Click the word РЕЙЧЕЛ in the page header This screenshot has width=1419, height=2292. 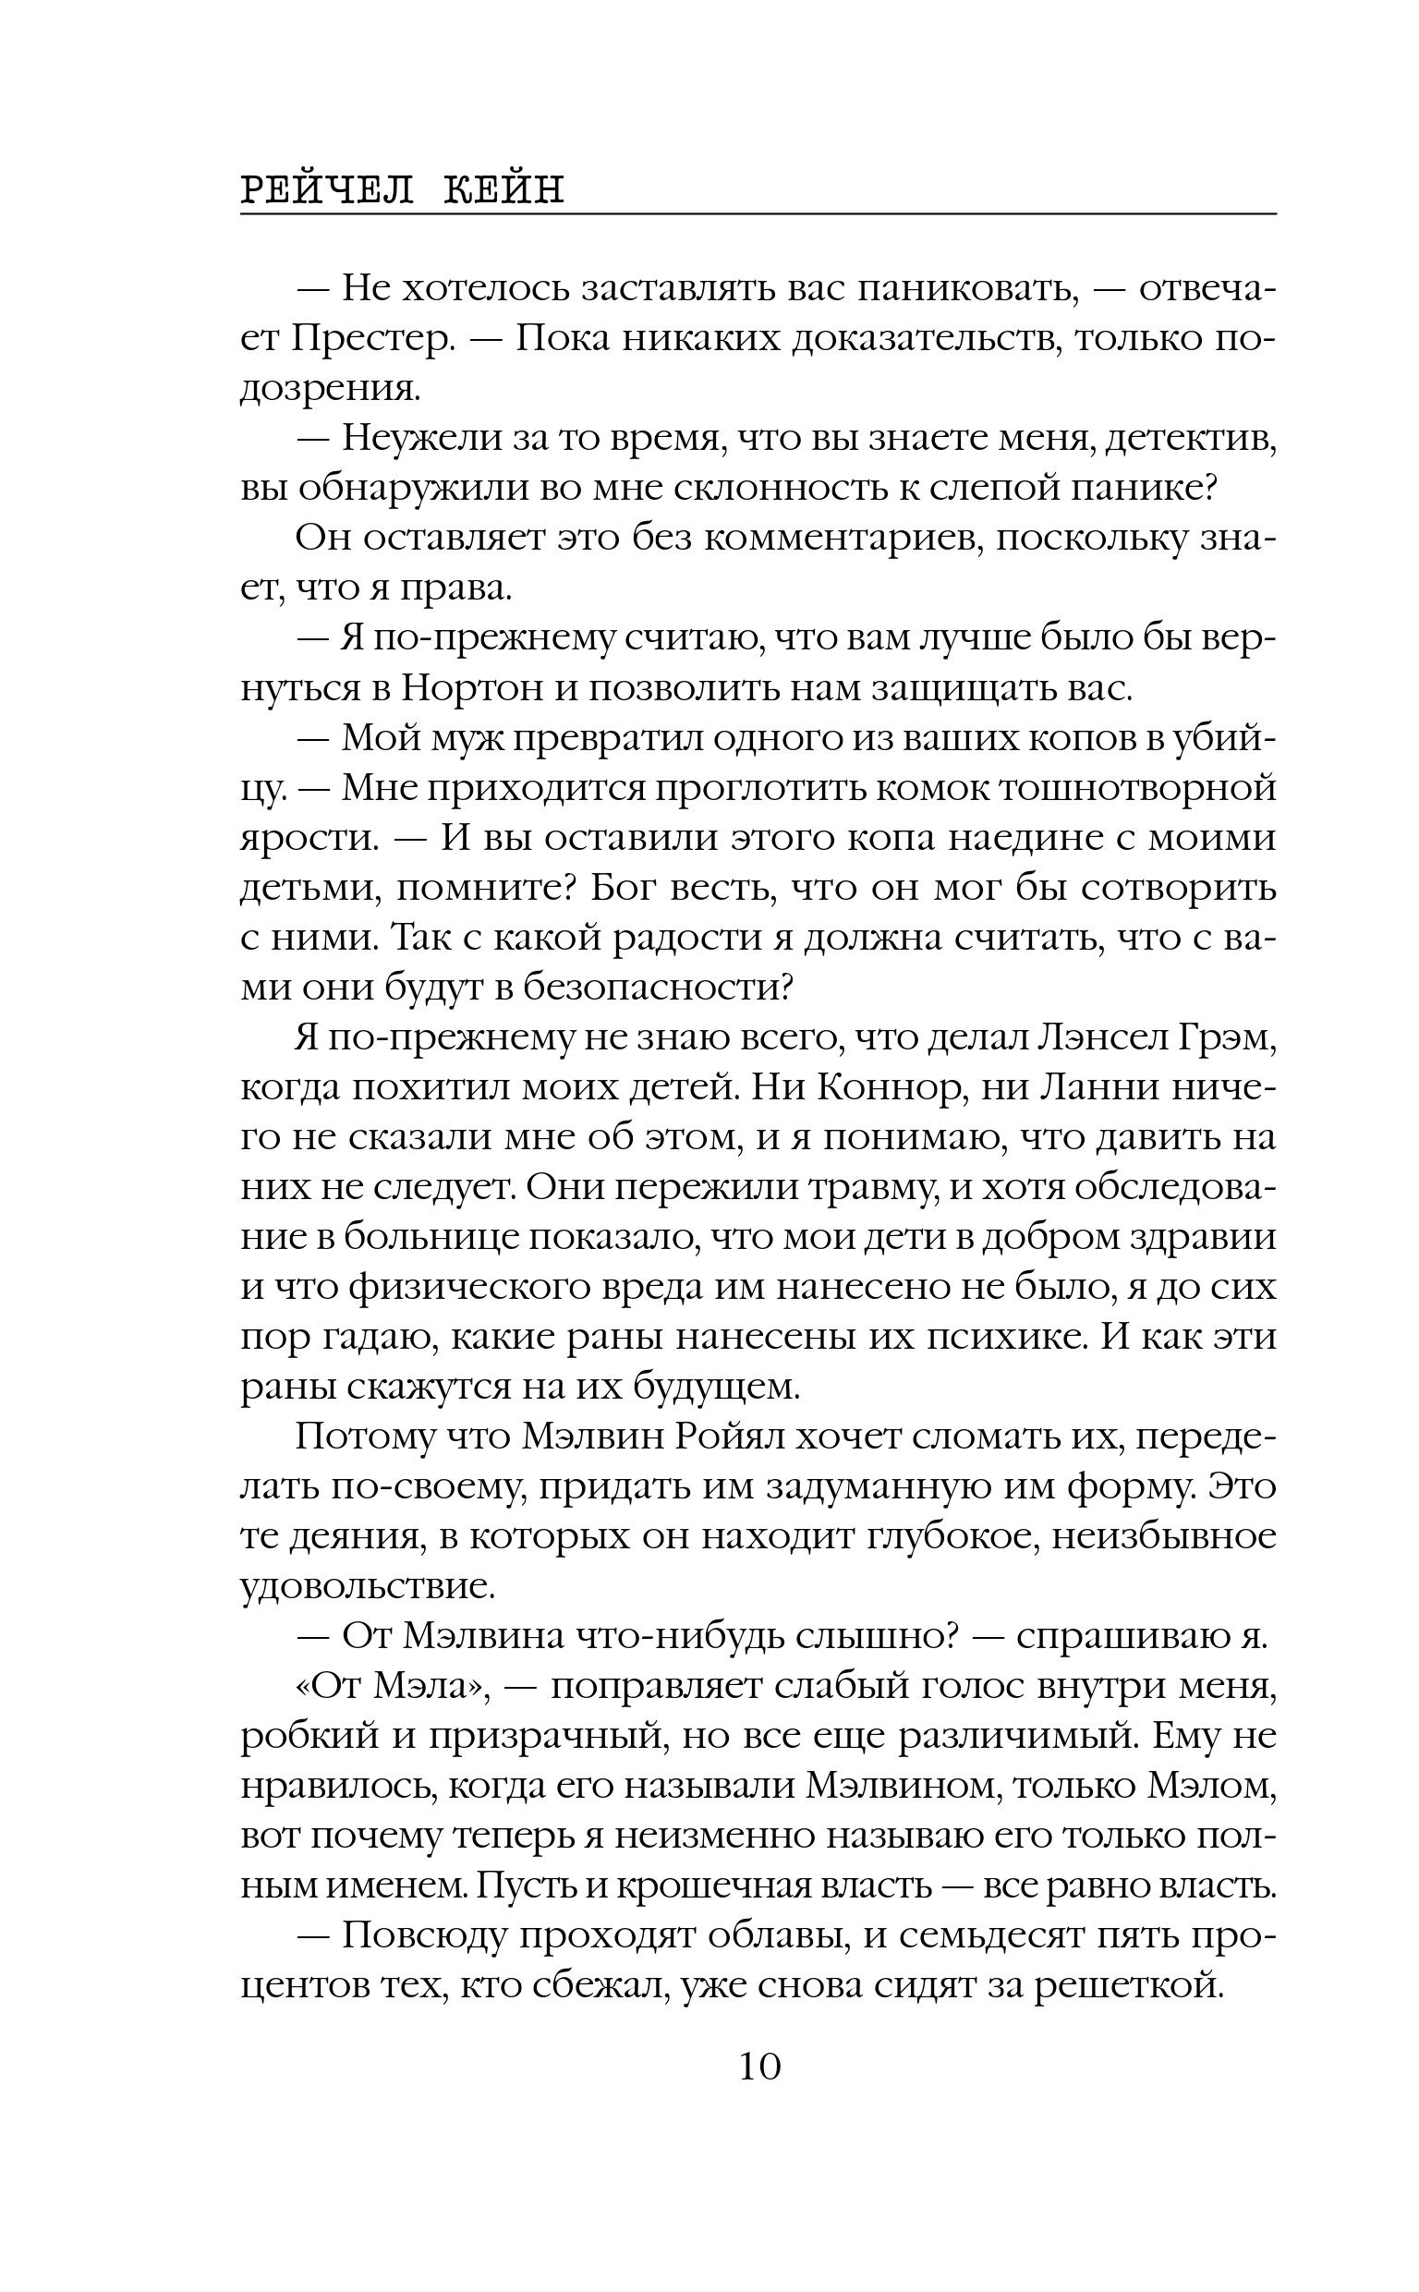327,190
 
